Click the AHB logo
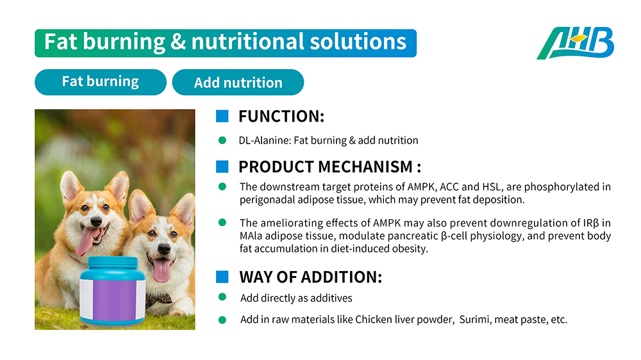[575, 44]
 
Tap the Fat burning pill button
[101, 82]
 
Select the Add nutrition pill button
[238, 82]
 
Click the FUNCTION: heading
[281, 117]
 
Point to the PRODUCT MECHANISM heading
[329, 167]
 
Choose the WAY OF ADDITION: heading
[311, 277]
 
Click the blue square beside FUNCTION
[222, 117]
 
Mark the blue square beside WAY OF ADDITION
[222, 277]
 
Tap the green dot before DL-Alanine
[222, 140]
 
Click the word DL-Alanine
[265, 140]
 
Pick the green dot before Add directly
[222, 297]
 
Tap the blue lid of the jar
[113, 263]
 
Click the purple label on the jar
[114, 300]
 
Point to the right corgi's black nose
[164, 249]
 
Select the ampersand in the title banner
[178, 42]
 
